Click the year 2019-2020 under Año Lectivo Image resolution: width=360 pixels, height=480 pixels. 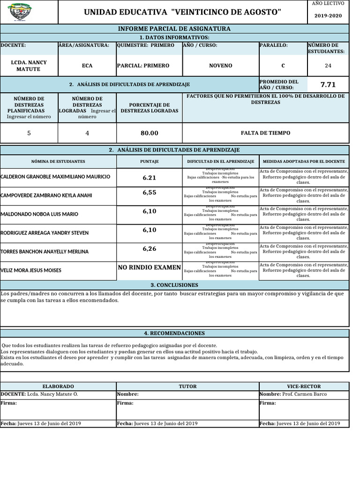tap(328, 15)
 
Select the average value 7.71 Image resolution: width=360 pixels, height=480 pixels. tap(328, 85)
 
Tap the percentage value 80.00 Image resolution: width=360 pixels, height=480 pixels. tap(149, 133)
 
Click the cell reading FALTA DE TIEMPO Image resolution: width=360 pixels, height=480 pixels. tap(265, 133)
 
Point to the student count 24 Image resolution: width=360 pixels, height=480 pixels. tap(328, 66)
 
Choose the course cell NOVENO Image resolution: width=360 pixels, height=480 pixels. tap(220, 66)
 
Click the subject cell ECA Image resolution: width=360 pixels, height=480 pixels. tap(87, 66)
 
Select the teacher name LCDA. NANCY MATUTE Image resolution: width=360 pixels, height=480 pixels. tap(29, 66)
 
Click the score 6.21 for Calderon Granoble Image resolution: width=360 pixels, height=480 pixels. tap(149, 178)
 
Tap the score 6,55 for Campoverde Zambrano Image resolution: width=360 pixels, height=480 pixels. tap(149, 193)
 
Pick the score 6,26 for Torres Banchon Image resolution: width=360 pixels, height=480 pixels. tap(149, 249)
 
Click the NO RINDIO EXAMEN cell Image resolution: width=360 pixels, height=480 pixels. tap(149, 267)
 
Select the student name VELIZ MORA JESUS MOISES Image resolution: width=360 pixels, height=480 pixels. tap(31, 270)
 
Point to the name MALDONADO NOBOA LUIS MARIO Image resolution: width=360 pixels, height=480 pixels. tap(39, 214)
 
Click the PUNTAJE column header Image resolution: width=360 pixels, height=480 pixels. tap(149, 161)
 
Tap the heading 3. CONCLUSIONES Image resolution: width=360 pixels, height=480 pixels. tap(174, 285)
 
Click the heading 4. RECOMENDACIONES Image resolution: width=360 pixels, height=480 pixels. tap(174, 333)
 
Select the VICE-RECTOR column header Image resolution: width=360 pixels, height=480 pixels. tap(304, 387)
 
